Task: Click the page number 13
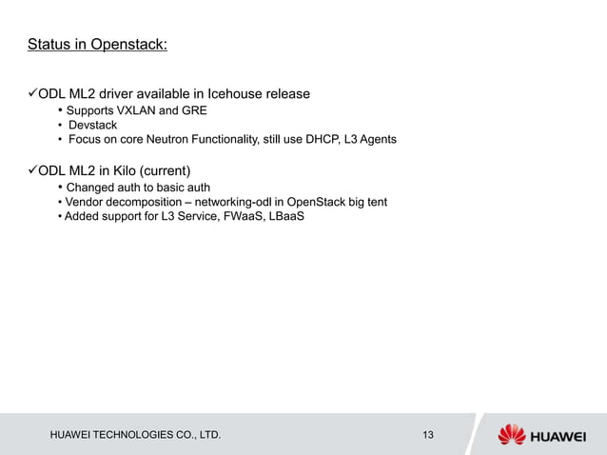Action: (x=427, y=435)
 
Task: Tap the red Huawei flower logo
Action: (x=512, y=434)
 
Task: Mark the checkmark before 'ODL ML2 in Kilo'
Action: (x=31, y=170)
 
